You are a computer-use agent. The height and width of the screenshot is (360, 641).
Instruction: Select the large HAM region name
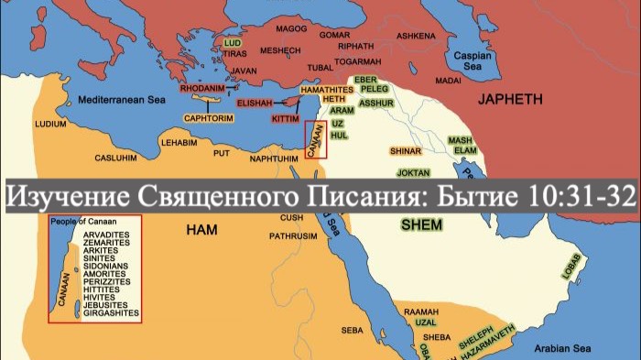pyautogui.click(x=201, y=229)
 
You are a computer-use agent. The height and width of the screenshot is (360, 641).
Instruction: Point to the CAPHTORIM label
pyautogui.click(x=210, y=118)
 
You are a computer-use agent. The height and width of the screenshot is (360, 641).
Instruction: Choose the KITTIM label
pyautogui.click(x=285, y=119)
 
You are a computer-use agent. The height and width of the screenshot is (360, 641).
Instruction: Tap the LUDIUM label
pyautogui.click(x=49, y=123)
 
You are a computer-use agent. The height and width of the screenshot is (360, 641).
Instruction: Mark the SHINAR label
pyautogui.click(x=405, y=149)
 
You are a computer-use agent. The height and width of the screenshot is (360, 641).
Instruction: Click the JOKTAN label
pyautogui.click(x=414, y=172)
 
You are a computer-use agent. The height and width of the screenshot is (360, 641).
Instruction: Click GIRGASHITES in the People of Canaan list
pyautogui.click(x=110, y=313)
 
